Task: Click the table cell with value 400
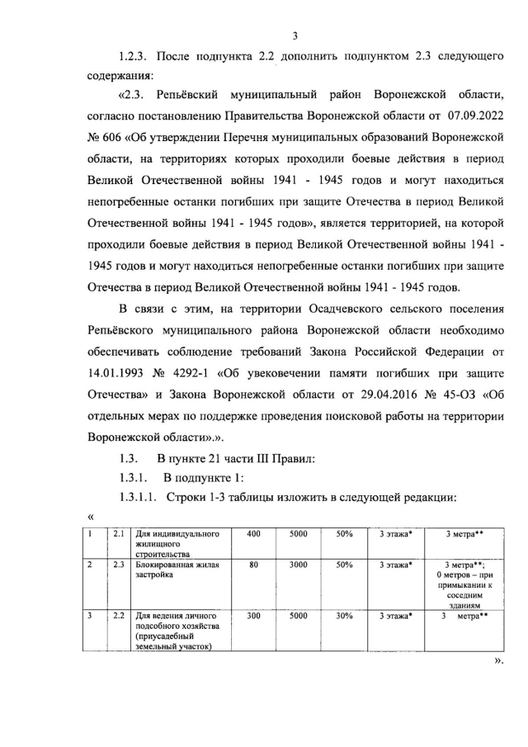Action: [253, 535]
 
